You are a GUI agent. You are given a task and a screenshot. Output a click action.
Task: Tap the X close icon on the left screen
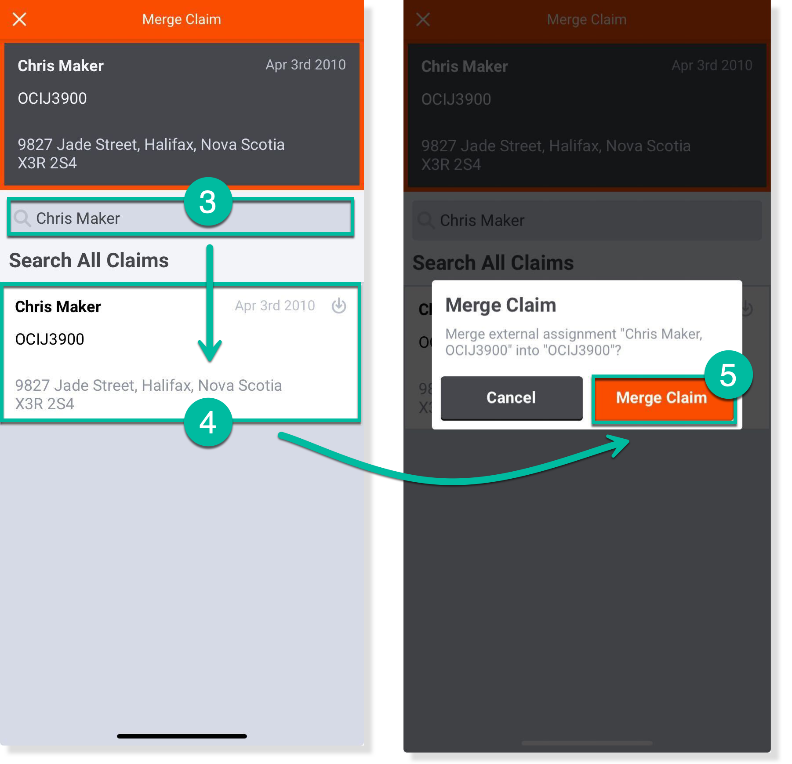pyautogui.click(x=19, y=19)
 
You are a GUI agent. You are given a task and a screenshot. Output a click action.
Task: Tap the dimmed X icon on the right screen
pyautogui.click(x=423, y=19)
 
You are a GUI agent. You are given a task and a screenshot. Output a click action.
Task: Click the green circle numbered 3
pyautogui.click(x=208, y=202)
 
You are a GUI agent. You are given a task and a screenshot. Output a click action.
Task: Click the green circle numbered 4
pyautogui.click(x=208, y=423)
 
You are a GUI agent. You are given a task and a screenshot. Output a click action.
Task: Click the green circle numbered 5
pyautogui.click(x=728, y=375)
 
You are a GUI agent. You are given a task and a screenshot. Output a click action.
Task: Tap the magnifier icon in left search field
pyautogui.click(x=22, y=218)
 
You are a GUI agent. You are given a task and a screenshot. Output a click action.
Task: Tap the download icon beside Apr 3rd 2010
pyautogui.click(x=339, y=306)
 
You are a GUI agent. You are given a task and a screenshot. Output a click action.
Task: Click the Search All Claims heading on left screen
pyautogui.click(x=89, y=260)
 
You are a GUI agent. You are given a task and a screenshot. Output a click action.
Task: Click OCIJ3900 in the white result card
pyautogui.click(x=50, y=339)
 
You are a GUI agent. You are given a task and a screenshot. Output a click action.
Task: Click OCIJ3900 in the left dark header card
pyautogui.click(x=52, y=98)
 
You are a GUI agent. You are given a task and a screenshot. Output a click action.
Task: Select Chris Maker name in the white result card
pyautogui.click(x=58, y=306)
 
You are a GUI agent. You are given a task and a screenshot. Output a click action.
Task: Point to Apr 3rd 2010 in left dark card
pyautogui.click(x=305, y=65)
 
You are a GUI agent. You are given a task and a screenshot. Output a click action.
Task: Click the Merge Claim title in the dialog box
pyautogui.click(x=501, y=305)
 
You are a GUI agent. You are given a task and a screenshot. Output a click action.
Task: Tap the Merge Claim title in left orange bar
pyautogui.click(x=182, y=19)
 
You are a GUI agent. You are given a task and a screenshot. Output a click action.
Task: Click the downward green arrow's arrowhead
pyautogui.click(x=210, y=352)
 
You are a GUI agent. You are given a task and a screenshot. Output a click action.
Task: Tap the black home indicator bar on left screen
pyautogui.click(x=182, y=736)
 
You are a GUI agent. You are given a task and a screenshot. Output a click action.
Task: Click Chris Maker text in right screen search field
pyautogui.click(x=482, y=220)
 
